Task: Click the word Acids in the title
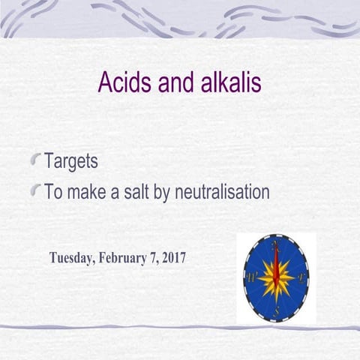123,83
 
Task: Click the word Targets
71,161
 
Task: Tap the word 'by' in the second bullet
178,193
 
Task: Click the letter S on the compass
277,310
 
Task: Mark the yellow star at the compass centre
276,278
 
